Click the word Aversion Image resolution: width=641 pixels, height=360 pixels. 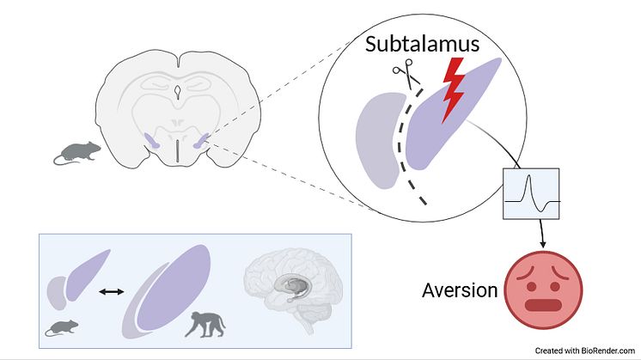click(460, 290)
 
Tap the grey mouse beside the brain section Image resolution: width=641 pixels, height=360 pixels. click(76, 153)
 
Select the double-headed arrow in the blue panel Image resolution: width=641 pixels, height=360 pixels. click(111, 293)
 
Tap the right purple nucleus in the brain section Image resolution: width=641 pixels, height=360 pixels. click(203, 139)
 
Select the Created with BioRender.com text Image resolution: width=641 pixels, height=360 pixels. click(584, 351)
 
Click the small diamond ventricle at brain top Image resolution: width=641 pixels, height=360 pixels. click(176, 88)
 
